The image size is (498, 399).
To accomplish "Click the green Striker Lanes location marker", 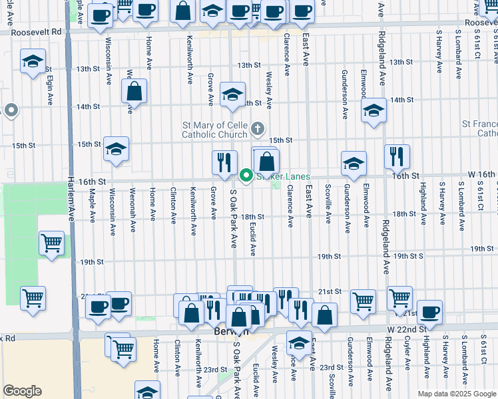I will coord(246,176).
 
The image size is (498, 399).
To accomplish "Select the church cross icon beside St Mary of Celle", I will coord(258,128).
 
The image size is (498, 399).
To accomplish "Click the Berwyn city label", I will coord(224,331).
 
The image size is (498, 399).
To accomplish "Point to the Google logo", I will coord(22,391).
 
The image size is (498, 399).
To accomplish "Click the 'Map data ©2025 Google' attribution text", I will coord(457,394).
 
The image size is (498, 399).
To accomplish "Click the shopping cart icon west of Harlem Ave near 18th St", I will coord(51,243).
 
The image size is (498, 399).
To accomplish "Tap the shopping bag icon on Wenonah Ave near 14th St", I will coord(134,92).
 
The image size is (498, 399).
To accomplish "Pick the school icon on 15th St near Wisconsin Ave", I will coord(116,149).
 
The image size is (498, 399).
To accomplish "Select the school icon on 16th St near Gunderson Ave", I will coord(354,163).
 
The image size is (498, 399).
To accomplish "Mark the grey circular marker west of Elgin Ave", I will coord(10,111).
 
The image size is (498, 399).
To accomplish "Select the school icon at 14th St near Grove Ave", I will coord(232,94).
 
